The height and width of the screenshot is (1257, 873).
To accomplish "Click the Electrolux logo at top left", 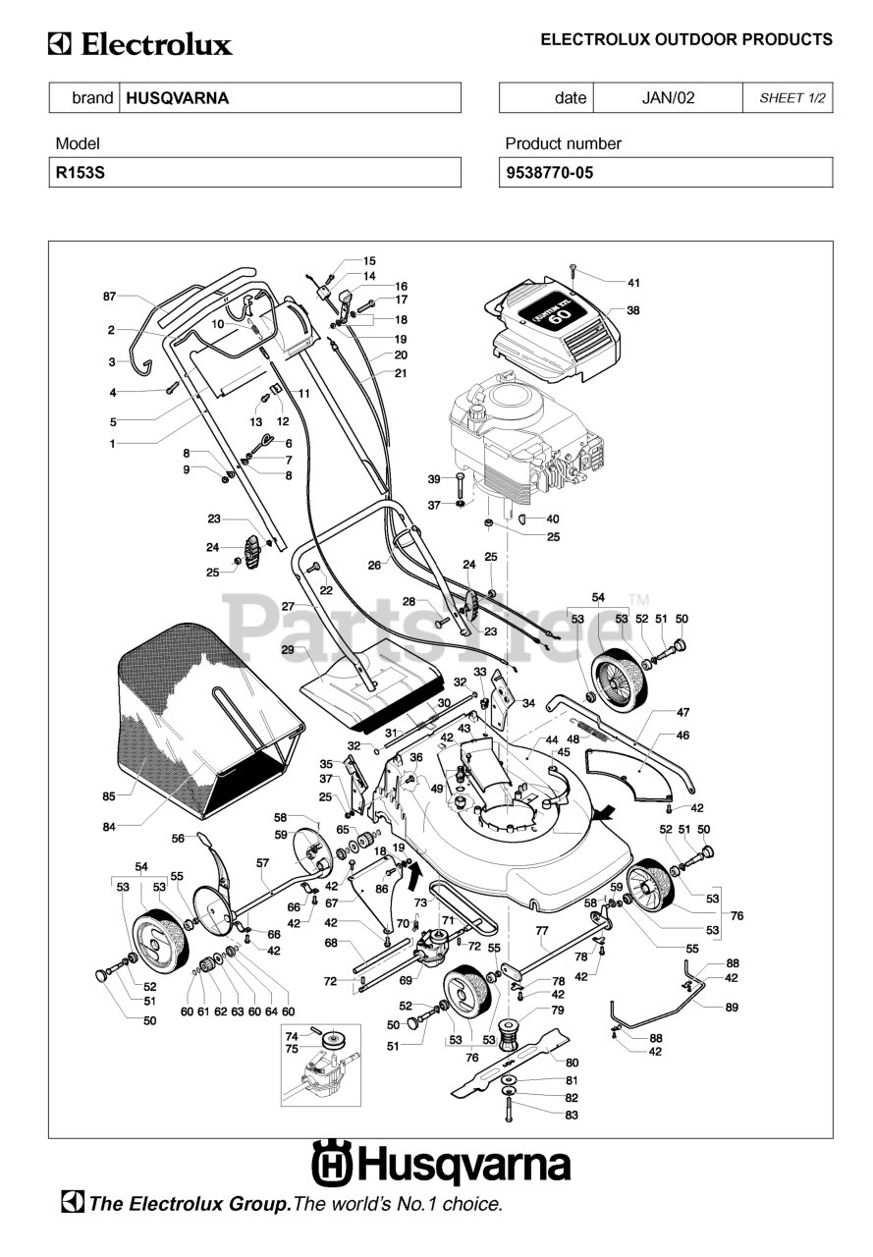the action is [140, 45].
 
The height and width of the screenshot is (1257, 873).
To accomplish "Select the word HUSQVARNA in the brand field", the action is [178, 98].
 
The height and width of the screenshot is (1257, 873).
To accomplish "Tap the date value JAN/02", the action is [668, 98].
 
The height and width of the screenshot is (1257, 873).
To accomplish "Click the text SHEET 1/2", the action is [792, 98].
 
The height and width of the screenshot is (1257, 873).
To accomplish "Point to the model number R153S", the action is [81, 172].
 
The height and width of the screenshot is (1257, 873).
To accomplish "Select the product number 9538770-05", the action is [549, 172].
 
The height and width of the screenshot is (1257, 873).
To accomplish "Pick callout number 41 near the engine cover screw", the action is [633, 283].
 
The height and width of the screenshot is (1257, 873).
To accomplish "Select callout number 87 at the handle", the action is [109, 297].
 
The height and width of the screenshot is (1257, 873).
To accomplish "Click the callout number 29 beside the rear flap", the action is [288, 650].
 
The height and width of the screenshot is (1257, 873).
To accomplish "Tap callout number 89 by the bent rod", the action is [732, 1008].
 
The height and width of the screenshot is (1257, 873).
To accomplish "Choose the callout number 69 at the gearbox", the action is [406, 980].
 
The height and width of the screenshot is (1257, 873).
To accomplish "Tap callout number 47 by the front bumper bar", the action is [682, 713].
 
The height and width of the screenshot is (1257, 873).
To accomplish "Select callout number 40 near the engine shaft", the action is [553, 519].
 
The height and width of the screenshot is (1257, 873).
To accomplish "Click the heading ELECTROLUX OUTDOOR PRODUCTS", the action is [686, 39].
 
